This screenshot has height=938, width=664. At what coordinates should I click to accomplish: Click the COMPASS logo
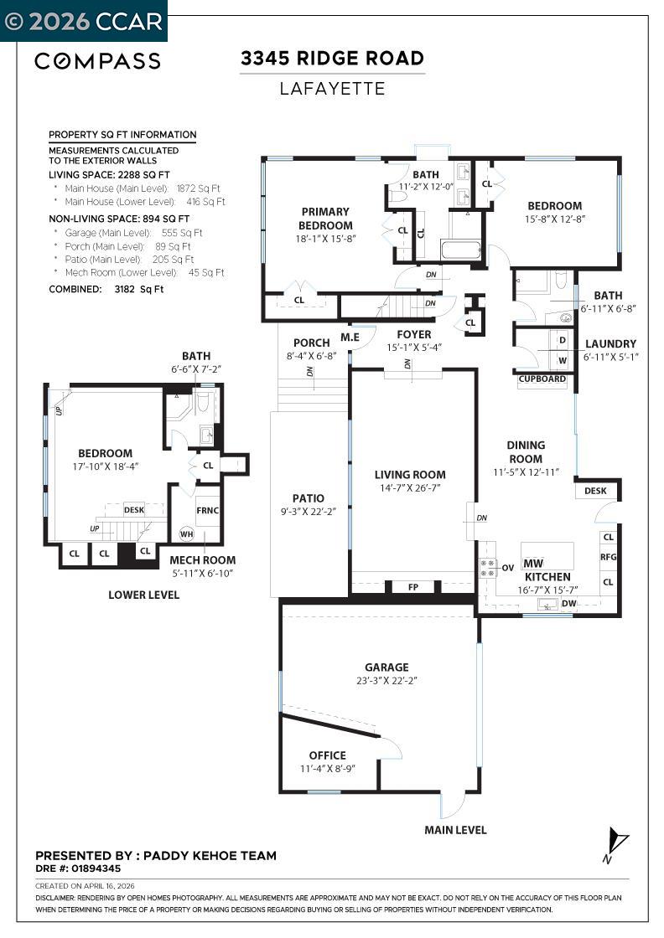[97, 60]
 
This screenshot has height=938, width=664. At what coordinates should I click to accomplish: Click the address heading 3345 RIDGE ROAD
[332, 59]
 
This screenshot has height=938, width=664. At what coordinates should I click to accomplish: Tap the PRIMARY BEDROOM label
[325, 219]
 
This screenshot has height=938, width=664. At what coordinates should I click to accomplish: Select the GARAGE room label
[386, 667]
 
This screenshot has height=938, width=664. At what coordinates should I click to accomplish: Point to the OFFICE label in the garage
[327, 755]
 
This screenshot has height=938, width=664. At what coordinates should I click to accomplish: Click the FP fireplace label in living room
[413, 587]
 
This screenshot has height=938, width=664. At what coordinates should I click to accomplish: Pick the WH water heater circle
[186, 533]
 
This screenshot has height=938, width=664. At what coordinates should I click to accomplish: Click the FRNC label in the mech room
[207, 509]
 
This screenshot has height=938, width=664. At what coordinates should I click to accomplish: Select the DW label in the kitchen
[568, 603]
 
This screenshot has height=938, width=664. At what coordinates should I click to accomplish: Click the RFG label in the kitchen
[608, 557]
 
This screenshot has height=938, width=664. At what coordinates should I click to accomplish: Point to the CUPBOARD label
[542, 379]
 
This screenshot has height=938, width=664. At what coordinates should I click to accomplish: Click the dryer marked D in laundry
[562, 340]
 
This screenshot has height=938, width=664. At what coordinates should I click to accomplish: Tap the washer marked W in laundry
[562, 362]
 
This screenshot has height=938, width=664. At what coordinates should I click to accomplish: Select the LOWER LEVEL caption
[143, 595]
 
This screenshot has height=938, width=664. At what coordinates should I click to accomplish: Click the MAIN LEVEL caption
[455, 830]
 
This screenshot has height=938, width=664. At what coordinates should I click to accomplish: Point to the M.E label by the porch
[350, 337]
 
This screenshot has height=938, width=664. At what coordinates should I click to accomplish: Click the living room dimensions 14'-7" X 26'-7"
[410, 487]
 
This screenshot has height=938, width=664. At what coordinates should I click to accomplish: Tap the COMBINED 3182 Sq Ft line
[106, 289]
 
